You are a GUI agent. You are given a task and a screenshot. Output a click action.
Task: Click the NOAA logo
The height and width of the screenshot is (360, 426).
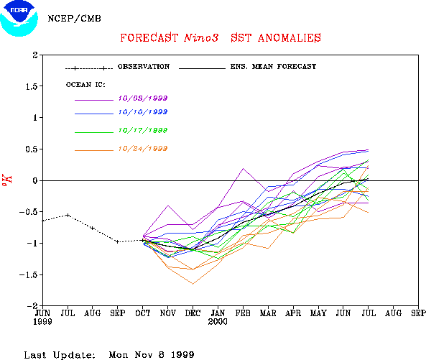[19, 18]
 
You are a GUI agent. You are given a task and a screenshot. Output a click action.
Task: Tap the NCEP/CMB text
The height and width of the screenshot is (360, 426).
[74, 19]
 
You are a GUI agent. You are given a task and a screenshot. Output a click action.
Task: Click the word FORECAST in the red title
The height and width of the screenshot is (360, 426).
[149, 38]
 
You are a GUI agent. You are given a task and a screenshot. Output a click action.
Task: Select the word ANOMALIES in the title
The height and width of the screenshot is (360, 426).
[290, 38]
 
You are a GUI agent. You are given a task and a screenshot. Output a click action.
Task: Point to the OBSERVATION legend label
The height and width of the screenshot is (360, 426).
[144, 67]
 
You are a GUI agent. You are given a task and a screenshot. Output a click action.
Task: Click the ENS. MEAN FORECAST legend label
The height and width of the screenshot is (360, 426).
[273, 67]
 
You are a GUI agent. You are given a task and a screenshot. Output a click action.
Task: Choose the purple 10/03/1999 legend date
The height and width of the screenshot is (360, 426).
[143, 98]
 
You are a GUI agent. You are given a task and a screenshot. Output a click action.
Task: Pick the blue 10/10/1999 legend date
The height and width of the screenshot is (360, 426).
[143, 112]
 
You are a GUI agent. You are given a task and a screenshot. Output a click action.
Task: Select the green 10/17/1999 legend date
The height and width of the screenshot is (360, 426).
[143, 130]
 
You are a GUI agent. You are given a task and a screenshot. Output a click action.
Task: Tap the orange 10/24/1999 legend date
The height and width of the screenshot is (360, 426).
[143, 149]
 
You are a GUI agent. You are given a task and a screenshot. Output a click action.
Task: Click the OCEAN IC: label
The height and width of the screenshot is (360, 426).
[85, 85]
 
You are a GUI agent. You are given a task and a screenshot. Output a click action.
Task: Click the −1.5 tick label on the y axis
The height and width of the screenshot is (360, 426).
[28, 274]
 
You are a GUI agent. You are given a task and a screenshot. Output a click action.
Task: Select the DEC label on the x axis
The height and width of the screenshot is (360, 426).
[193, 313]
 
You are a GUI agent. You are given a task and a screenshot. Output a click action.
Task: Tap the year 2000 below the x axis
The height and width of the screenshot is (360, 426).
[218, 322]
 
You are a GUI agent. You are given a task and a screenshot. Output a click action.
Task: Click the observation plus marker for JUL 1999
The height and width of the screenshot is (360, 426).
[68, 215]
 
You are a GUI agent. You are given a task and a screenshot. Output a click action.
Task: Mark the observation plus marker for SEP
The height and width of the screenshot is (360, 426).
[117, 241]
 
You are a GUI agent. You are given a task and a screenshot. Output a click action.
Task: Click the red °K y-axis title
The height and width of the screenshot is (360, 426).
[7, 180]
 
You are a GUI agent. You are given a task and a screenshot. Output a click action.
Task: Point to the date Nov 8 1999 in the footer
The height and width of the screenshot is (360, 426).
[165, 354]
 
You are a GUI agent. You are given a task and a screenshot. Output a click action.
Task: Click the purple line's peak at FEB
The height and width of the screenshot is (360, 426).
[243, 168]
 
